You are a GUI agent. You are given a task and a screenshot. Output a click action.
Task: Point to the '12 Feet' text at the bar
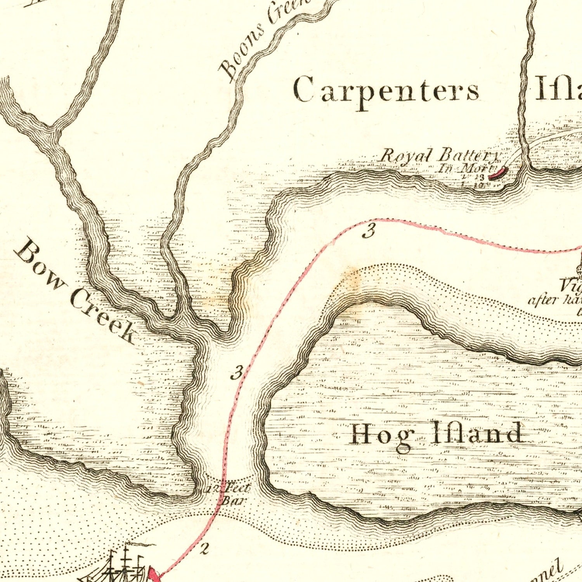point(229,488)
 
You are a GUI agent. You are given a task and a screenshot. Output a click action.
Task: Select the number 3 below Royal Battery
point(369,232)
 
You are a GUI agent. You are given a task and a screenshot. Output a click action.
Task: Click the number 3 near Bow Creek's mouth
point(237,372)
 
